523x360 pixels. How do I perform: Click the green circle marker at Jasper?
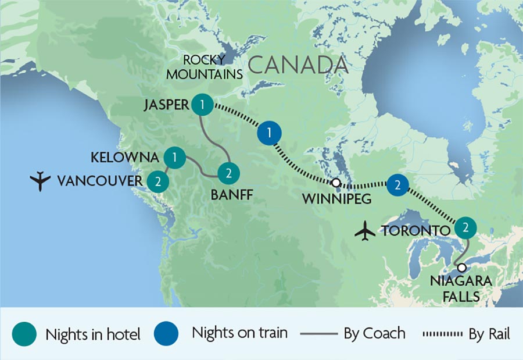pos(201,105)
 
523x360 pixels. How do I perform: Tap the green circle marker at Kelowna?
pos(174,157)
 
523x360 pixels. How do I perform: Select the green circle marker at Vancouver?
pos(157,181)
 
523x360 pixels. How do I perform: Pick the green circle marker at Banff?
pos(228,173)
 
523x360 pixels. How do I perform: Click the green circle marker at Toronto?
pos(465,227)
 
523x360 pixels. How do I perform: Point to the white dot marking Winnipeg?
pos(336,183)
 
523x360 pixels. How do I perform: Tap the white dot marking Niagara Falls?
pos(461,268)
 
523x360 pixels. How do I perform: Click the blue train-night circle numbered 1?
pos(268,133)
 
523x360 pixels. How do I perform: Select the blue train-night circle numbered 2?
pos(397,184)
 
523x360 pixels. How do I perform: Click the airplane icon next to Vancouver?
pos(41,181)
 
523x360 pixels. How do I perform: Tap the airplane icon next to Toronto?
pos(365,231)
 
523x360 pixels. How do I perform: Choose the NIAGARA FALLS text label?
pos(461,288)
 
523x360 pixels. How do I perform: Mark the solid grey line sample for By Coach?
pos(319,334)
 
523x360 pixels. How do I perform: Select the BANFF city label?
pos(231,195)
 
